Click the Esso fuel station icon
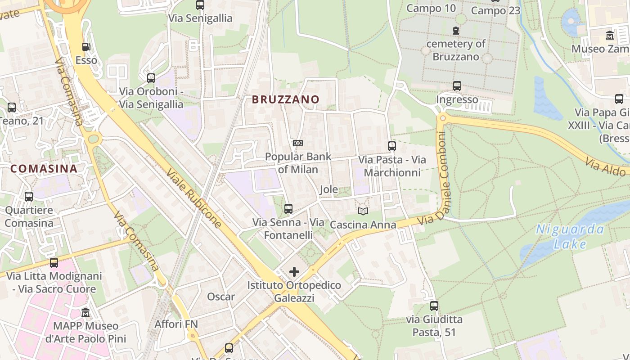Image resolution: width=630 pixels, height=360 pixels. click(x=85, y=46)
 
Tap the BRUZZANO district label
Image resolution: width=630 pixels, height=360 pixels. click(x=286, y=99)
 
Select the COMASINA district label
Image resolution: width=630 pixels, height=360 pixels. click(x=44, y=169)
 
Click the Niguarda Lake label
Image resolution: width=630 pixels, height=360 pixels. click(x=570, y=237)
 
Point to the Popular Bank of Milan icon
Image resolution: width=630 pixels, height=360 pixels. click(x=297, y=143)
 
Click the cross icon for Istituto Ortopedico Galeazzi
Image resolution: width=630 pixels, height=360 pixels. click(x=294, y=272)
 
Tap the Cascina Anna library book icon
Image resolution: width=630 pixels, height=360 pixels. click(x=363, y=211)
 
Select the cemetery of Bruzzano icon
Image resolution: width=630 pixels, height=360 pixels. click(x=456, y=31)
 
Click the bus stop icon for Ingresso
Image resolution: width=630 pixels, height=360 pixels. click(x=457, y=85)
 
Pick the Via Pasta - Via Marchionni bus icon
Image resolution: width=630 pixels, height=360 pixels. click(x=392, y=146)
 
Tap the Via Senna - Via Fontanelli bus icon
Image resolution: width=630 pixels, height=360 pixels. click(x=288, y=209)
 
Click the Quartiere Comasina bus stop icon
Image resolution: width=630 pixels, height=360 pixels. click(x=29, y=197)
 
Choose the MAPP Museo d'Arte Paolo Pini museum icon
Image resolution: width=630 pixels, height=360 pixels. click(x=85, y=312)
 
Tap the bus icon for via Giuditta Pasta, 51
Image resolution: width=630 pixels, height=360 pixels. click(x=434, y=306)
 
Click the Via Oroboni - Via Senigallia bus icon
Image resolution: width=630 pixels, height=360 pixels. click(x=151, y=78)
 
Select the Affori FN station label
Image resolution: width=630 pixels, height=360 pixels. click(x=176, y=324)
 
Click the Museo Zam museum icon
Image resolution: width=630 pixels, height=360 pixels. click(x=610, y=35)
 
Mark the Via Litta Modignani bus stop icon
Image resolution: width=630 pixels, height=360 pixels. click(x=54, y=263)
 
